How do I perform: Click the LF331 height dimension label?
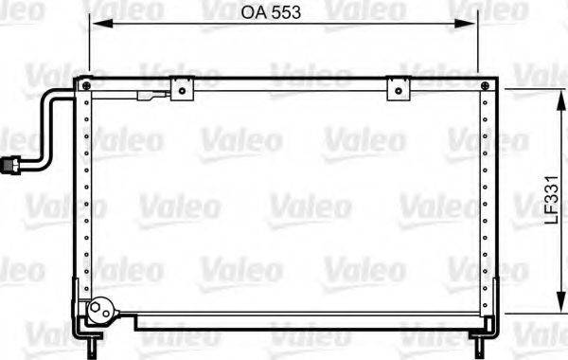(x=548, y=203)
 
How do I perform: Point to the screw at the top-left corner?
(x=88, y=86)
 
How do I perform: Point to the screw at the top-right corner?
(x=488, y=87)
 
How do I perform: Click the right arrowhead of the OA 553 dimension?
(x=472, y=27)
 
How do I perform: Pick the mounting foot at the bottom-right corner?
(x=486, y=328)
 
